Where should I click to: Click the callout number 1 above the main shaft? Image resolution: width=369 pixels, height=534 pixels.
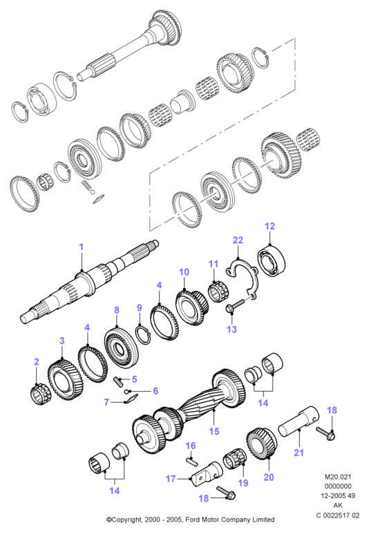tap(81, 247)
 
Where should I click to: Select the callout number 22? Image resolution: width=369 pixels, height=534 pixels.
tap(238, 240)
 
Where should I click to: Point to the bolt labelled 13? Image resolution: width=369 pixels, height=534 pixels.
tap(236, 305)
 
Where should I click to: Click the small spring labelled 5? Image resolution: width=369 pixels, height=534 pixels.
tap(117, 381)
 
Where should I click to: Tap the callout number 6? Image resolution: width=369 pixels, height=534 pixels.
tap(155, 390)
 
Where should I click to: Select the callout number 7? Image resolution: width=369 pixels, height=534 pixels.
tap(106, 402)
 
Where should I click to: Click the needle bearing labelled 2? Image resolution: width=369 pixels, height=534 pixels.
tap(39, 394)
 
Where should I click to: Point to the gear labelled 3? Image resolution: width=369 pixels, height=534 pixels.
tap(66, 381)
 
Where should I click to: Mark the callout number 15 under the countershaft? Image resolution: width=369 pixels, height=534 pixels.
tap(214, 431)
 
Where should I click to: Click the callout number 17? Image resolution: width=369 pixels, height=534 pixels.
tap(171, 479)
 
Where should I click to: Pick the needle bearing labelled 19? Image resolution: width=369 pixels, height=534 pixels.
tap(235, 461)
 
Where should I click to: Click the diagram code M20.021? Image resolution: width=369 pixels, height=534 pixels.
tap(338, 477)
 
